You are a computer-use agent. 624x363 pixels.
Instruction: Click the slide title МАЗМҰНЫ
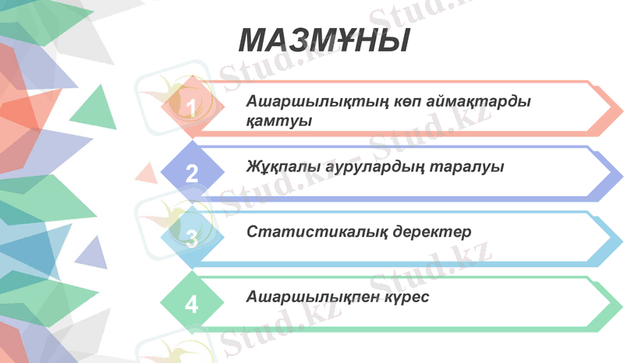coord(323,40)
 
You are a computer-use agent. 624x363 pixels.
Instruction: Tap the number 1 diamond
coord(192,106)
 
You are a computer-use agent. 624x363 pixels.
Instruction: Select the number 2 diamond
coord(192,171)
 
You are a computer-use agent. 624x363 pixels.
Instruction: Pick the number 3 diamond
coord(192,238)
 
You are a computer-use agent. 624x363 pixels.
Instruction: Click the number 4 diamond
coord(192,303)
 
